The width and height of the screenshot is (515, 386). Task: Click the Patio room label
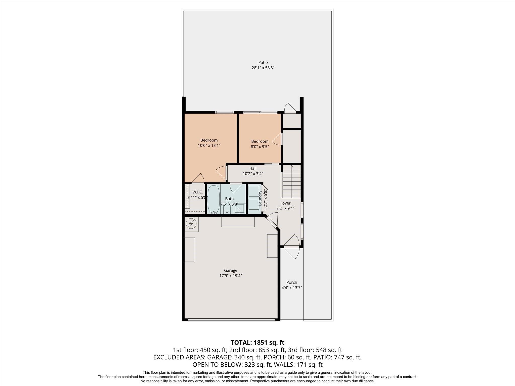tap(263, 63)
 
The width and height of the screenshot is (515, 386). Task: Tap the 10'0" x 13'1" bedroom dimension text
tap(209, 146)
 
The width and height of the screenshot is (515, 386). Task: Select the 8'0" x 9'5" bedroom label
tap(260, 144)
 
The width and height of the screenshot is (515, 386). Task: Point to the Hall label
tap(253, 168)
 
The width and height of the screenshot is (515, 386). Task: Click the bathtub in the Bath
tap(213, 199)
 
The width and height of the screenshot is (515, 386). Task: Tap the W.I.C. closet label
tap(197, 192)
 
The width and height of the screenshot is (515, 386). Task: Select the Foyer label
tap(285, 203)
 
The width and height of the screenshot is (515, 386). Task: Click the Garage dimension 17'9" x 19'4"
tap(231, 276)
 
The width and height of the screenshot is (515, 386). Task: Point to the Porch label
tap(291, 282)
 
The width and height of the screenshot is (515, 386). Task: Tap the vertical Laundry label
tap(260, 198)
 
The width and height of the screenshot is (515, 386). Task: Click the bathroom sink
tap(239, 209)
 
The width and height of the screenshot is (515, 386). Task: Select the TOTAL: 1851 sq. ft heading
tap(257, 343)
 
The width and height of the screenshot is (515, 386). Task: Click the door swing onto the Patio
tap(290, 107)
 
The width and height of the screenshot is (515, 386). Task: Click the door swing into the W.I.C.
tap(198, 178)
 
